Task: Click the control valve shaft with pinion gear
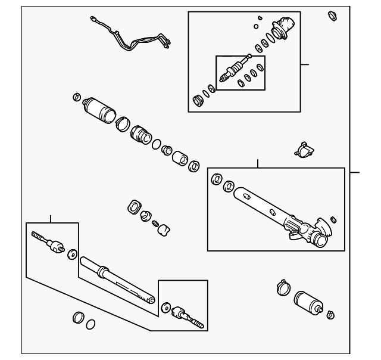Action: pyautogui.click(x=234, y=69)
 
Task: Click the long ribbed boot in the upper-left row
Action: pyautogui.click(x=97, y=109)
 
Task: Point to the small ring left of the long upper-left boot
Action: pyautogui.click(x=76, y=97)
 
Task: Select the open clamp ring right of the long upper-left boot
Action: pyautogui.click(x=121, y=123)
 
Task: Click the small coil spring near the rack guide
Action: pyautogui.click(x=157, y=224)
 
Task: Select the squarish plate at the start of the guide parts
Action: pyautogui.click(x=135, y=207)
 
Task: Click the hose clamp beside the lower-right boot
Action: pyautogui.click(x=283, y=288)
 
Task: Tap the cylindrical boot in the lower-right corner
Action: pyautogui.click(x=309, y=303)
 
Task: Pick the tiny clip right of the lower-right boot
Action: pyautogui.click(x=331, y=314)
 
